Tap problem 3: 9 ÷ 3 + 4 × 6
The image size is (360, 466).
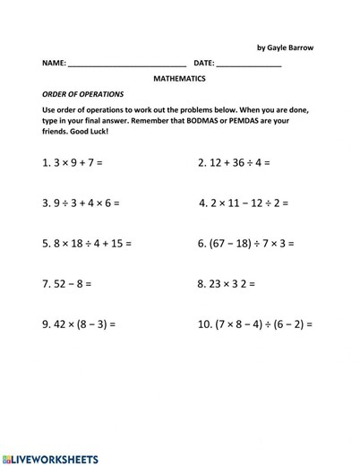[81, 203]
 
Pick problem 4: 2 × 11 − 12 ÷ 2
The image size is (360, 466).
[243, 203]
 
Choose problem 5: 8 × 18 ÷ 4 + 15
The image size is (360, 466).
[87, 243]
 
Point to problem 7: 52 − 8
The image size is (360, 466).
[66, 283]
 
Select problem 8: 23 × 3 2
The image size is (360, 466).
[226, 283]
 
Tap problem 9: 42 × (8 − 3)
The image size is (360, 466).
[79, 324]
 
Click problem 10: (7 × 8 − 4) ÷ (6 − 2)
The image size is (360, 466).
[254, 324]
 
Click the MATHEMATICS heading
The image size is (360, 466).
[179, 79]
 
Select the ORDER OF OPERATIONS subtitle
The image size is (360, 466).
[83, 94]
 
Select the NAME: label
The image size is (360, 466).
[54, 64]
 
